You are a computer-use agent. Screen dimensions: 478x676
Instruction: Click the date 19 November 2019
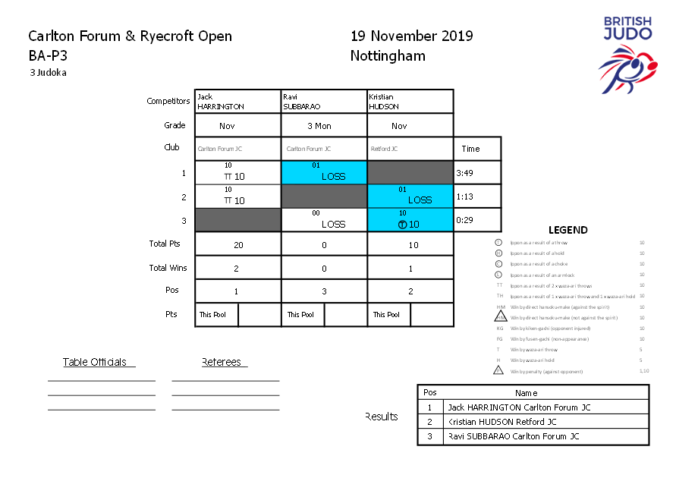coord(411,36)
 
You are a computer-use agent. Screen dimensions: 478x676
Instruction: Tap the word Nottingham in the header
coord(388,56)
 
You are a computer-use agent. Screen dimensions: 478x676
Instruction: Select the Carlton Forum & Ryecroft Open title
coord(130,36)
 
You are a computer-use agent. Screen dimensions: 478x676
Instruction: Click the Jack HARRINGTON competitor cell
coord(237,102)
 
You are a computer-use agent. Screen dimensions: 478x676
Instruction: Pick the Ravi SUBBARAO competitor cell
coord(324,102)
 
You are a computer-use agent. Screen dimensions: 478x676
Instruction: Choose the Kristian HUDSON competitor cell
coord(410,102)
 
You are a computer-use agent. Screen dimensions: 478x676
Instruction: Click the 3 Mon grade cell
coord(324,126)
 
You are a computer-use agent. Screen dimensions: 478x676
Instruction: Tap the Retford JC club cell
coord(410,149)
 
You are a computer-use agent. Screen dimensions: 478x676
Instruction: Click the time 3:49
coord(464,173)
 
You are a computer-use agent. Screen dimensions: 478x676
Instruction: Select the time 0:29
coord(464,220)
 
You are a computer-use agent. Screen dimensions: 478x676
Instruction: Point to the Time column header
coord(471,149)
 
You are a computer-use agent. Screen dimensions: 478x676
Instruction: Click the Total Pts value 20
coord(237,245)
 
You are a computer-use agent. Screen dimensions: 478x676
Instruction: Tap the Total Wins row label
coord(168,268)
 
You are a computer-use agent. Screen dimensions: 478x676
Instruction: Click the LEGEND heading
coord(568,230)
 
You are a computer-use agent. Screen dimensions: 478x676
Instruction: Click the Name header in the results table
coord(526,393)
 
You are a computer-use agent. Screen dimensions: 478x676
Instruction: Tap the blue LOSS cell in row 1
coord(324,173)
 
